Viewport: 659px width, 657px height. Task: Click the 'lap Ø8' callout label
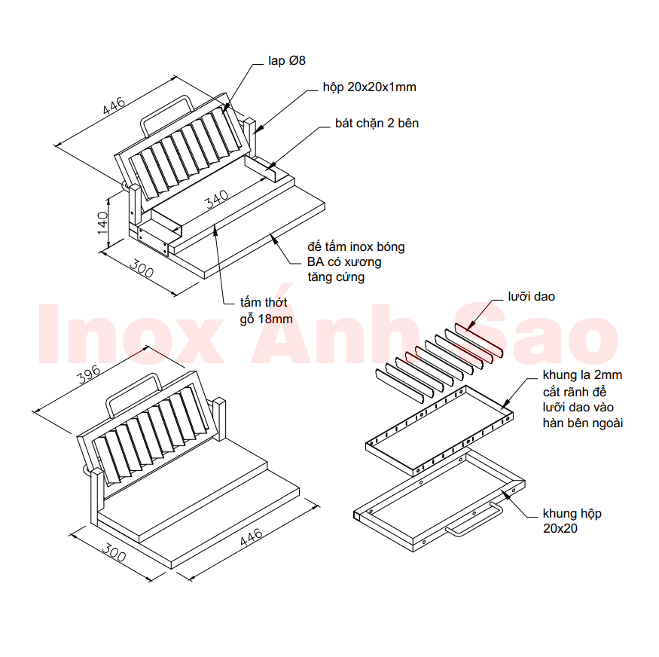tap(286, 60)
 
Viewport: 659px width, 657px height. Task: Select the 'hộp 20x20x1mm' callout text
tap(369, 87)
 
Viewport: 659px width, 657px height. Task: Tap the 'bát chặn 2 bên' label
tap(377, 123)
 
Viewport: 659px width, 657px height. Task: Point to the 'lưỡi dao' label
tap(531, 297)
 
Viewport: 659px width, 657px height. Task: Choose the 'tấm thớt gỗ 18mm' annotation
tap(264, 310)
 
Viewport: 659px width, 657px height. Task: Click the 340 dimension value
tap(216, 200)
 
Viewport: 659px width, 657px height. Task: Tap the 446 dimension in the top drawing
tap(114, 108)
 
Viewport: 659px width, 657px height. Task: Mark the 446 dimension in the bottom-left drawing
tap(251, 544)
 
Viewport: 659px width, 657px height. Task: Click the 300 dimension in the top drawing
tap(142, 269)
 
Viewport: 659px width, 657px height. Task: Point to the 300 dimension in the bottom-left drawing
tap(112, 554)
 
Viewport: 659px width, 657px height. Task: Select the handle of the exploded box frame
tap(473, 522)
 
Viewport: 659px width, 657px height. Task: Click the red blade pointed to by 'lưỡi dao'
tap(479, 338)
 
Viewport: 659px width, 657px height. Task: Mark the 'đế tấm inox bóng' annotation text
tap(356, 247)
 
